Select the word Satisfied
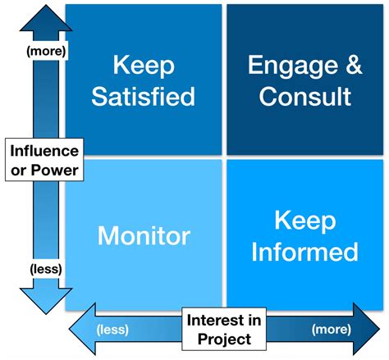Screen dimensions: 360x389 (x=144, y=96)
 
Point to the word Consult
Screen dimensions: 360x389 (x=304, y=96)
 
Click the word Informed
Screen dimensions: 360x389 (x=304, y=251)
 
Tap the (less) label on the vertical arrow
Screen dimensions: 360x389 (x=45, y=268)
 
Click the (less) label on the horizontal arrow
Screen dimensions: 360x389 (x=112, y=331)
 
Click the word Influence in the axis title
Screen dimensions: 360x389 (x=45, y=151)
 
